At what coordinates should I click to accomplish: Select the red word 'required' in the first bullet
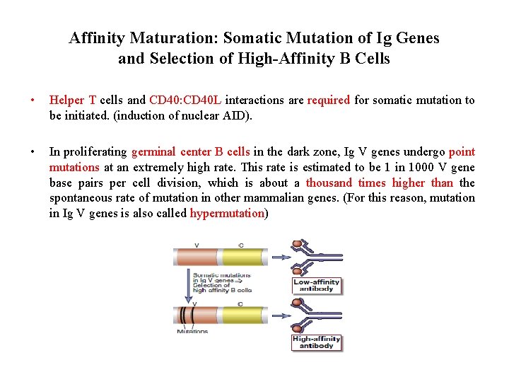pos(328,100)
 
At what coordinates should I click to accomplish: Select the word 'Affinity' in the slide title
pos(98,38)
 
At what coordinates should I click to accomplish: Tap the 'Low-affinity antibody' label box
pos(316,286)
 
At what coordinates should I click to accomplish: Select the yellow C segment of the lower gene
pos(242,313)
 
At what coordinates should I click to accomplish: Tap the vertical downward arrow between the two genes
pos(187,283)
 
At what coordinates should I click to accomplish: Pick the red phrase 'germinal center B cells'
pos(190,152)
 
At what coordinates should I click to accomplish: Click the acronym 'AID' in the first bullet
pos(238,116)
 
